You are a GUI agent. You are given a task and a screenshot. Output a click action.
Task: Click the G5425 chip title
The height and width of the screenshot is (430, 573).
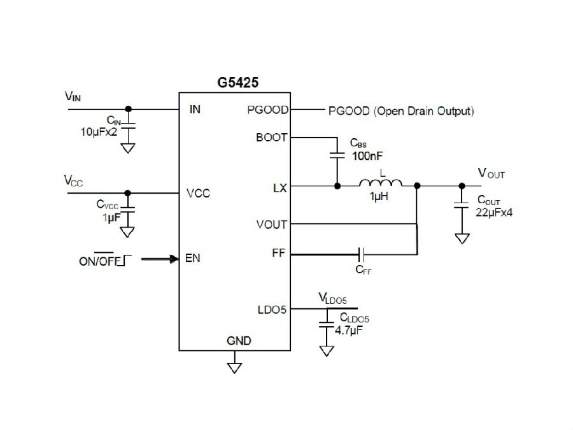pyautogui.click(x=238, y=82)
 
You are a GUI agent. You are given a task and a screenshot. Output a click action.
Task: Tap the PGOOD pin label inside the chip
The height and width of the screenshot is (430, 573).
pyautogui.click(x=268, y=110)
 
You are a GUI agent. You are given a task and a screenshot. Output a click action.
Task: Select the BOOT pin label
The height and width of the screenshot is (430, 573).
pyautogui.click(x=271, y=138)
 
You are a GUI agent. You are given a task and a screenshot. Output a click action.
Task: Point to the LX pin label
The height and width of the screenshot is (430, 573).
pyautogui.click(x=280, y=188)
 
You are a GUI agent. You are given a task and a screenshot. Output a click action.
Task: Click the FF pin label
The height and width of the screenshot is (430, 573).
pyautogui.click(x=278, y=253)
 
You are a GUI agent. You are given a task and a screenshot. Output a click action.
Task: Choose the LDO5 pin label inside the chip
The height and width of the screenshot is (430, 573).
pyautogui.click(x=272, y=310)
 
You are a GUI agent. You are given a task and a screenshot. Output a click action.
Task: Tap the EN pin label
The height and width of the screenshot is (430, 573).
pyautogui.click(x=192, y=258)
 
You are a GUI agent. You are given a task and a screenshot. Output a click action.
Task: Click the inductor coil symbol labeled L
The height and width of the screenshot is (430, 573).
pyautogui.click(x=381, y=183)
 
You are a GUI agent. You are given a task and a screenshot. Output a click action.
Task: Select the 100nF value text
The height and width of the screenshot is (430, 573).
pyautogui.click(x=367, y=156)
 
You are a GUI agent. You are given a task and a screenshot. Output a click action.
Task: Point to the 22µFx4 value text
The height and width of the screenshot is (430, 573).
pyautogui.click(x=494, y=212)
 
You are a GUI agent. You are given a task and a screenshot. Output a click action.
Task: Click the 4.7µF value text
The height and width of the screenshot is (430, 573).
pyautogui.click(x=349, y=331)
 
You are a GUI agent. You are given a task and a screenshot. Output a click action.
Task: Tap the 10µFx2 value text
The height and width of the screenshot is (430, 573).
pyautogui.click(x=99, y=132)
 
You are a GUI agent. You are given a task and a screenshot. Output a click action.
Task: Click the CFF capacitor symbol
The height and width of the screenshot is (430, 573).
pyautogui.click(x=362, y=254)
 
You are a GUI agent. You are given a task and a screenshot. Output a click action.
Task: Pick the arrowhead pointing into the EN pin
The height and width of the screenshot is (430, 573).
pyautogui.click(x=174, y=259)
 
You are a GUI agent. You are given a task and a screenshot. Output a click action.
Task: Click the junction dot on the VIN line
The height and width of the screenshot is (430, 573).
pyautogui.click(x=128, y=109)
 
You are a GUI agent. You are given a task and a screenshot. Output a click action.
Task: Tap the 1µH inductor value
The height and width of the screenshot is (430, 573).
pyautogui.click(x=379, y=196)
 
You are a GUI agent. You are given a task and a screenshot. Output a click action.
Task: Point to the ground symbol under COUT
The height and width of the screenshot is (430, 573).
pyautogui.click(x=462, y=239)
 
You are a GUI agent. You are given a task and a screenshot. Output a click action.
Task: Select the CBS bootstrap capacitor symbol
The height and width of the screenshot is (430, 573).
pyautogui.click(x=337, y=155)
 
